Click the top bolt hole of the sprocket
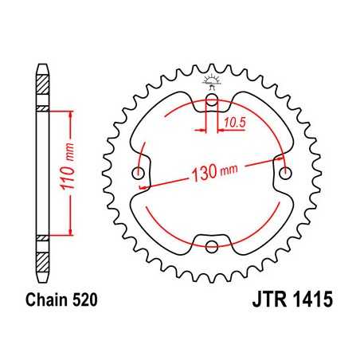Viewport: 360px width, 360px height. pyautogui.click(x=212, y=101)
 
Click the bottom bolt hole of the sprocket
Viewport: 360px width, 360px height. pyautogui.click(x=212, y=246)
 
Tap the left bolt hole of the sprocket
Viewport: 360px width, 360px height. pyautogui.click(x=140, y=174)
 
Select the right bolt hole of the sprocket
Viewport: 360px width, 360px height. pyautogui.click(x=284, y=173)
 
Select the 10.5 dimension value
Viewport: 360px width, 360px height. pyautogui.click(x=233, y=123)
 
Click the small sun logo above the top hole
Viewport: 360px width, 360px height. pyautogui.click(x=212, y=80)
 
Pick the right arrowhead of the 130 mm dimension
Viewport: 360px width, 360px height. pyautogui.click(x=281, y=160)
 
